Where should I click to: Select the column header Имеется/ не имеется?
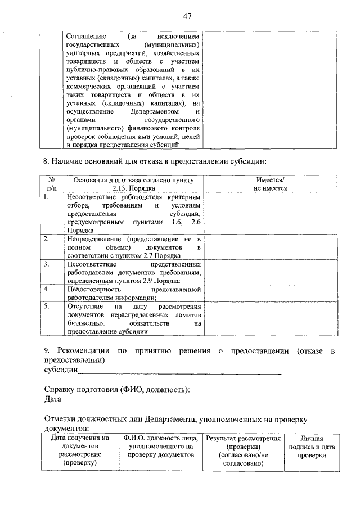(x=271, y=184)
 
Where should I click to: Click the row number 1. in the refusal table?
(x=47, y=197)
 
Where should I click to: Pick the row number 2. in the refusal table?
(x=47, y=239)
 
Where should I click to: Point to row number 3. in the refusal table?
(x=47, y=263)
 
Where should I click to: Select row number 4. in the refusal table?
(x=47, y=289)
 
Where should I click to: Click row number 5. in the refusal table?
(x=47, y=307)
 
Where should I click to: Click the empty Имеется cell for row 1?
(x=271, y=213)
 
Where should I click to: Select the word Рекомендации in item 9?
(x=83, y=351)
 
